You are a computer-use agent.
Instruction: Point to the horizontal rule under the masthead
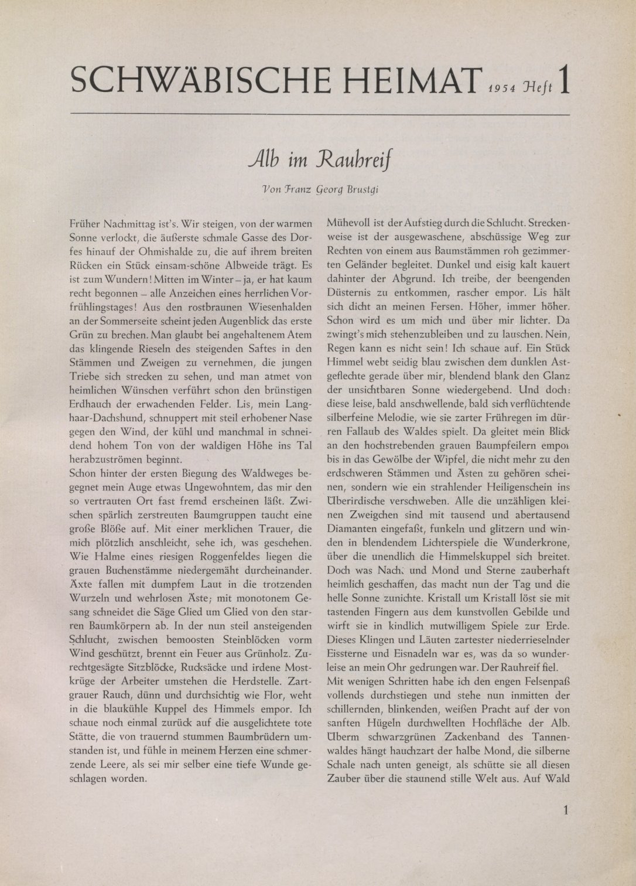coord(319,114)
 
